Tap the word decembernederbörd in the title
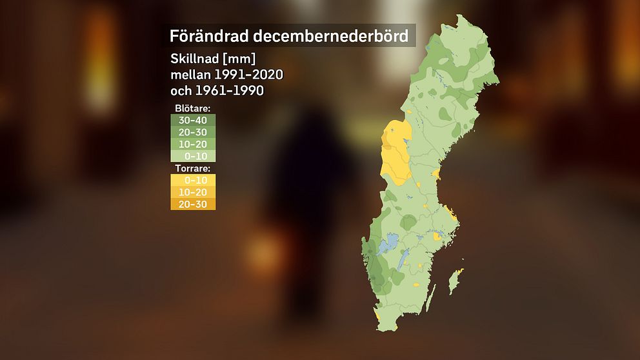(326, 35)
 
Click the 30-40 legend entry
(193, 119)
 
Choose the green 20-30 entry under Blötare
(193, 132)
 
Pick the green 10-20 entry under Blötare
(193, 144)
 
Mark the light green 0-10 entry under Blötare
(193, 155)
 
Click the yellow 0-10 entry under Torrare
(193, 180)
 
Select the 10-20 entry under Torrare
(193, 192)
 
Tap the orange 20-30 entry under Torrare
(193, 205)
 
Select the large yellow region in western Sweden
(396, 152)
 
